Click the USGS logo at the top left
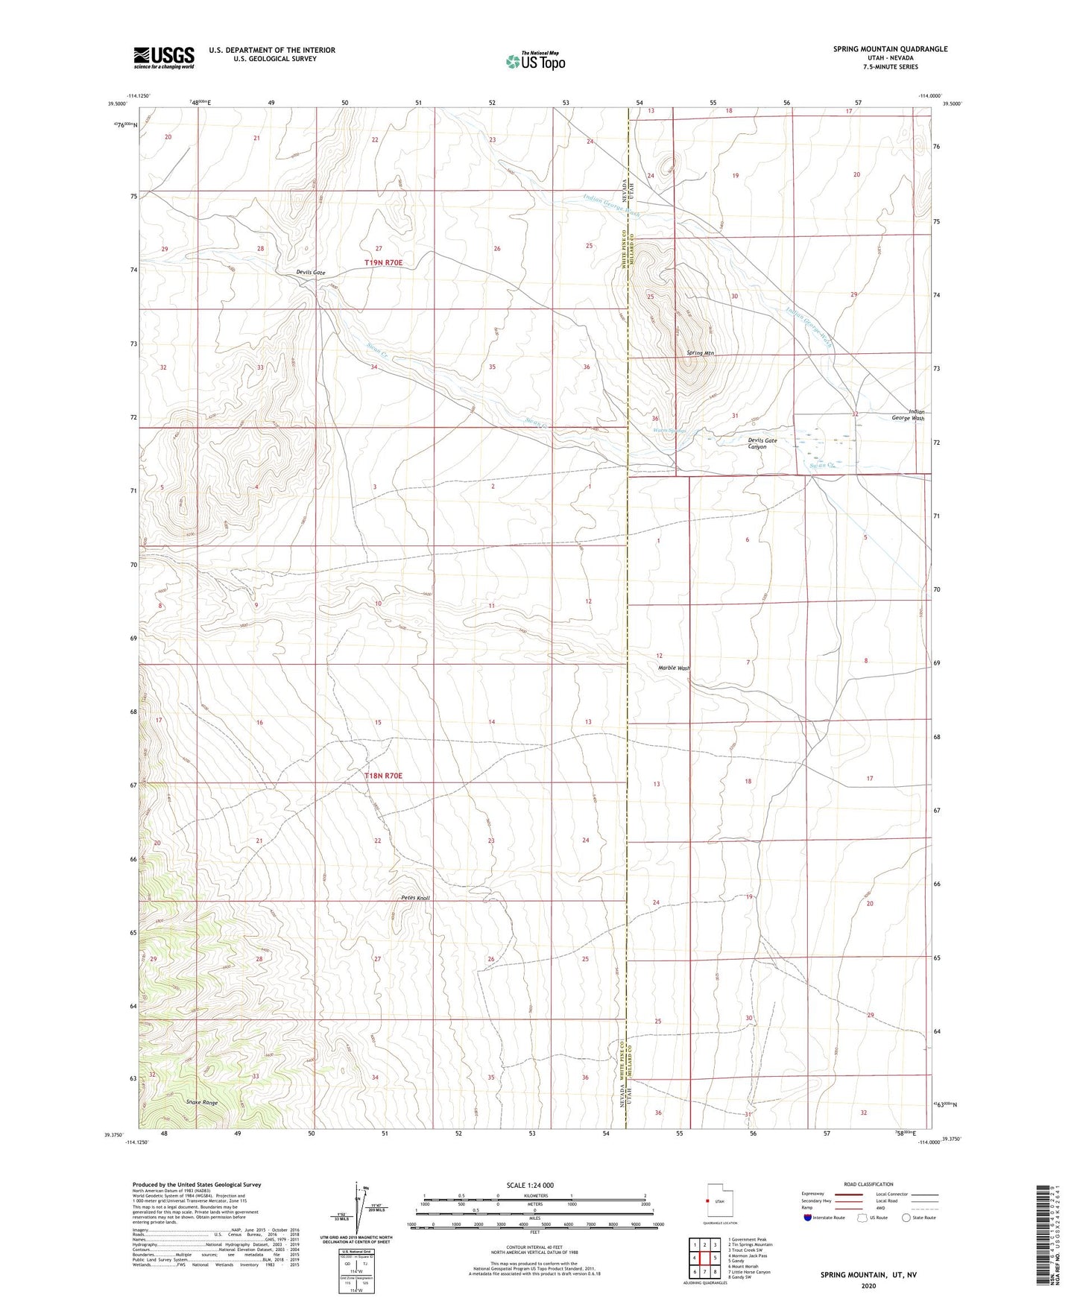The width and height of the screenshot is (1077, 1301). click(x=163, y=57)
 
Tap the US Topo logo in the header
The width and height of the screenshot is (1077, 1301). click(x=534, y=61)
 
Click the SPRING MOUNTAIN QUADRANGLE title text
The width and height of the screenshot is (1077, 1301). click(x=890, y=49)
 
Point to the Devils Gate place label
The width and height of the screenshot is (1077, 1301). click(x=310, y=273)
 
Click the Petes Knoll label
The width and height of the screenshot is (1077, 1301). click(x=415, y=898)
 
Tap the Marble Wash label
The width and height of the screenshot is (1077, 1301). click(x=674, y=668)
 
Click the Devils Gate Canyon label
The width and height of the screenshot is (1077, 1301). click(x=762, y=443)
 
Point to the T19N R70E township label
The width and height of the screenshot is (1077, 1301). click(x=383, y=263)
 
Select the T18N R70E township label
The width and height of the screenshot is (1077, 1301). click(x=383, y=776)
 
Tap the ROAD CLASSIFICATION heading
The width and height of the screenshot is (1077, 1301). click(x=868, y=1184)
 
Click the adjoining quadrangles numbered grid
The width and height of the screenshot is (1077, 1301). click(x=704, y=1260)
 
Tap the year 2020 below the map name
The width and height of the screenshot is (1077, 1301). click(x=868, y=1285)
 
